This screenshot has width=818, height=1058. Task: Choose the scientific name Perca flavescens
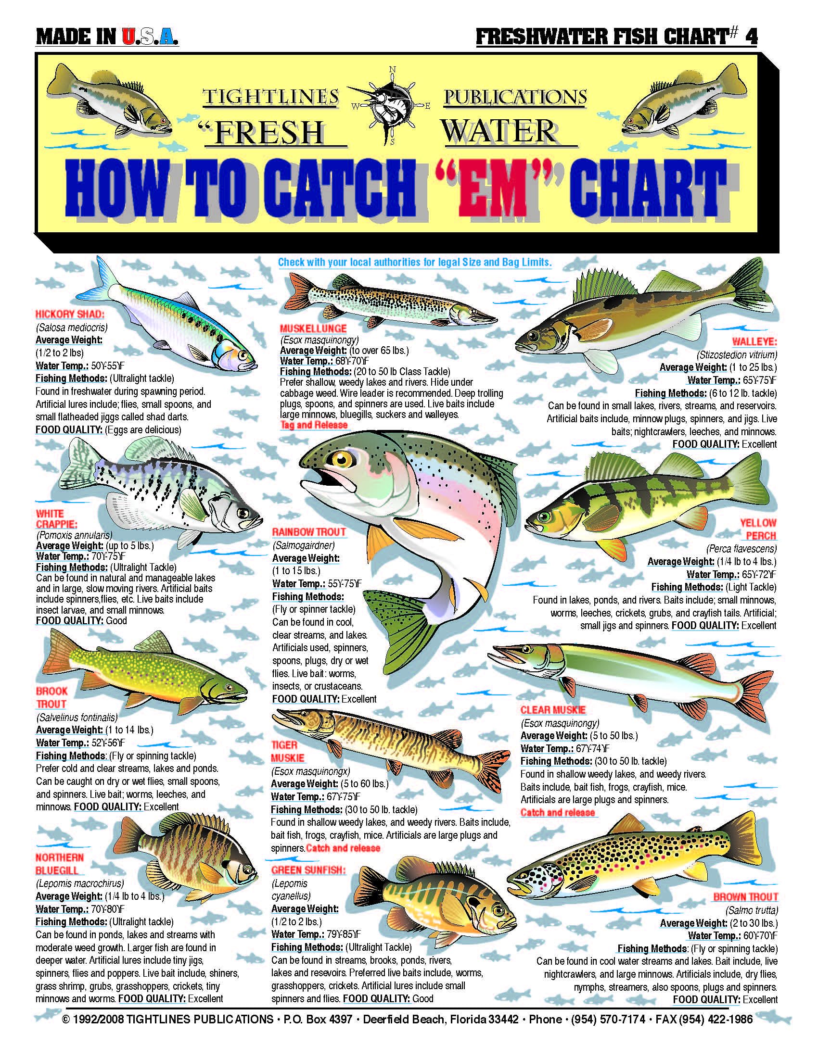741,549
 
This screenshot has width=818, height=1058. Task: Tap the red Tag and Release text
314,425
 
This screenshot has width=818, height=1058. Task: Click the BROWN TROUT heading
745,897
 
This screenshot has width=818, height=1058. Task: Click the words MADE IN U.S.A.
107,38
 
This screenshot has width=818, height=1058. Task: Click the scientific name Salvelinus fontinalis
77,717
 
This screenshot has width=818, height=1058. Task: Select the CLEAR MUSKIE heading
553,710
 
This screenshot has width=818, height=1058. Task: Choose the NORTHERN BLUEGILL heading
60,864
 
